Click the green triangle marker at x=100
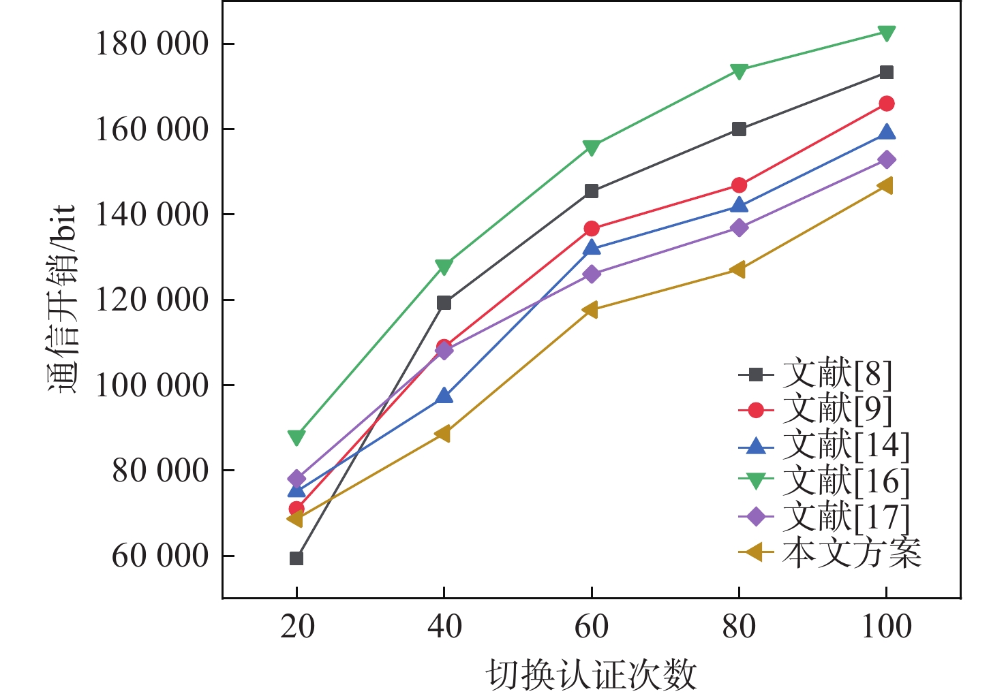pos(886,33)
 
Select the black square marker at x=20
pos(296,558)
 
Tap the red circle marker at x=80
pos(739,185)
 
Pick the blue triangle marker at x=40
pos(444,396)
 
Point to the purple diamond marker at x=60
pos(592,274)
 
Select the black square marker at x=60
pos(592,191)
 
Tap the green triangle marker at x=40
pos(444,266)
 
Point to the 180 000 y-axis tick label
pos(152,44)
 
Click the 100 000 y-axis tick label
pos(152,385)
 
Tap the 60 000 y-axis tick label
pos(160,556)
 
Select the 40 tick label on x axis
pos(444,626)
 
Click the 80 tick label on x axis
pos(739,626)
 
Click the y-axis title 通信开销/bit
pos(63,300)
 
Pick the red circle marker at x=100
pos(886,104)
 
